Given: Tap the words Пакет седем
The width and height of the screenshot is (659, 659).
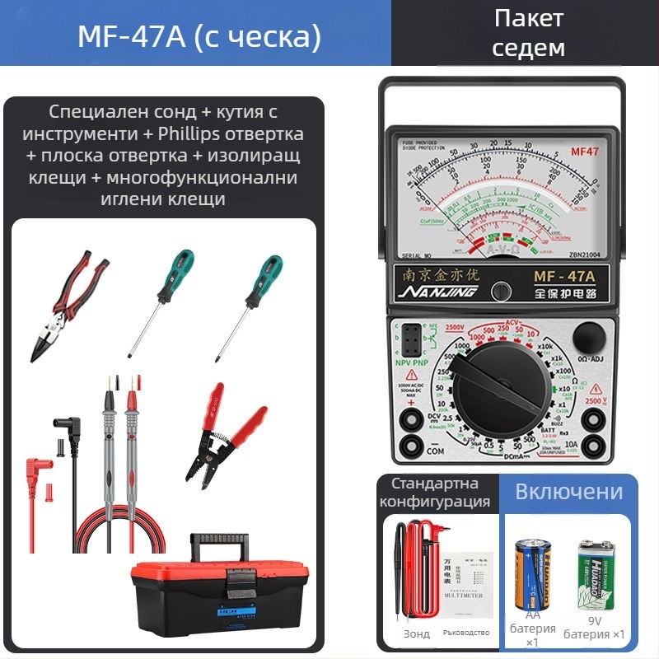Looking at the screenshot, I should click(528, 33).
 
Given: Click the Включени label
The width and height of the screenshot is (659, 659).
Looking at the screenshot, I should click(568, 493).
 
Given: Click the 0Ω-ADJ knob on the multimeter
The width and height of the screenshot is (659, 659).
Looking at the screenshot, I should click(589, 338).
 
